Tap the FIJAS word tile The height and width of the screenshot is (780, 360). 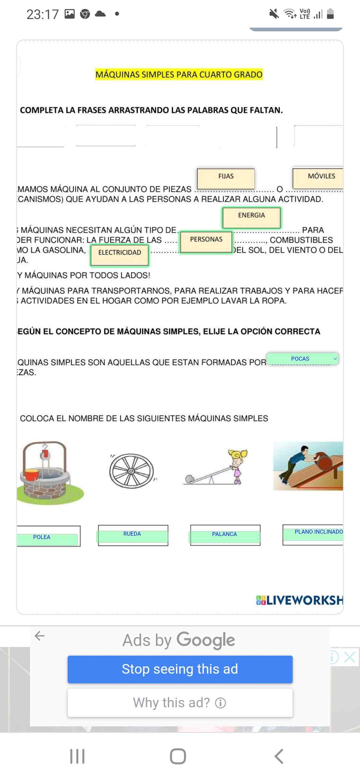[226, 178]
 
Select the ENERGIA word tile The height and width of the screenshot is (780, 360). [251, 217]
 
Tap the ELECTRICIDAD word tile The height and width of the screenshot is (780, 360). [120, 255]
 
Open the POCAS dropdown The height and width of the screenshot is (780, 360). [302, 359]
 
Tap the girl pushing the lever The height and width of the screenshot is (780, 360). [237, 465]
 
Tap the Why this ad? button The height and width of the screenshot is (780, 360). [180, 703]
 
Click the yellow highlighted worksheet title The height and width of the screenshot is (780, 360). [179, 74]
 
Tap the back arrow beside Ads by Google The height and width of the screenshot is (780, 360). [40, 636]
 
